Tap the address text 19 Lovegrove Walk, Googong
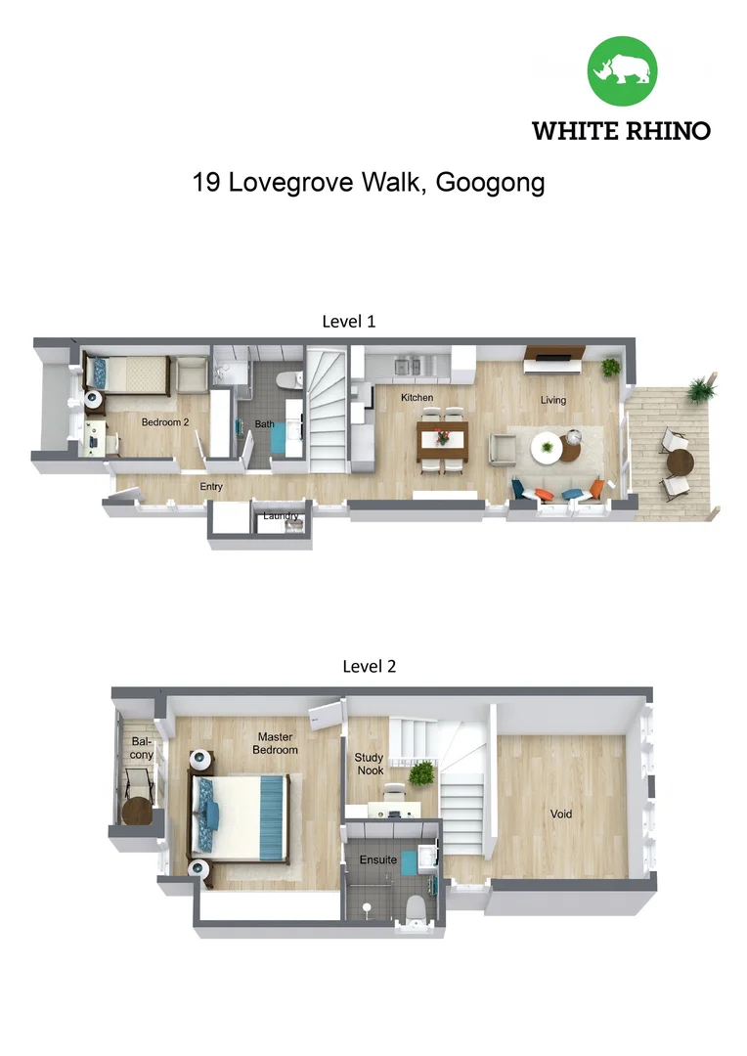(x=369, y=183)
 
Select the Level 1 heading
(x=349, y=321)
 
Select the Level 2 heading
(x=369, y=667)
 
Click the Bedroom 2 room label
(x=164, y=422)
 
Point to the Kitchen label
(x=417, y=398)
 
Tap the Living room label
(x=553, y=400)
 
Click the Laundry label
(x=281, y=515)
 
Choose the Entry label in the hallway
(x=211, y=486)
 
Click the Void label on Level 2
(x=560, y=814)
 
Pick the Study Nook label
(x=369, y=764)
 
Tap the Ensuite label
(x=377, y=859)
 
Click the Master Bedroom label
(x=277, y=743)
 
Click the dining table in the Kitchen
(x=443, y=440)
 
